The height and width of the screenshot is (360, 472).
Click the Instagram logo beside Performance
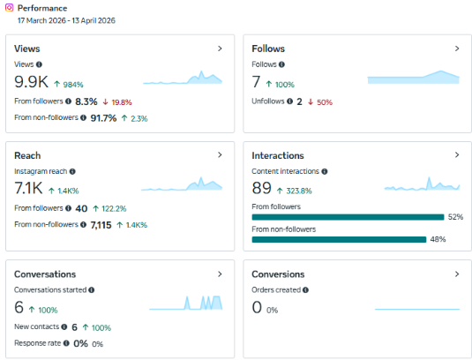coord(9,8)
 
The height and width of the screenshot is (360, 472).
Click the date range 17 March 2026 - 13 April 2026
coord(66,20)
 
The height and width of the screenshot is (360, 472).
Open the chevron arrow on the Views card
coord(220,49)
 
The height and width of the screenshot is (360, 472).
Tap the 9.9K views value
coord(31,81)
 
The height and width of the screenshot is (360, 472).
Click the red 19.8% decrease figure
coord(122,102)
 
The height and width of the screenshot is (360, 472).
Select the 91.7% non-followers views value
coord(103,118)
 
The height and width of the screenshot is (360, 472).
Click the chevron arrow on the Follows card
coord(457,49)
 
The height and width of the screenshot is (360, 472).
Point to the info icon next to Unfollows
coord(289,101)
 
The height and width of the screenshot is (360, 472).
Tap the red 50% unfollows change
coord(325,102)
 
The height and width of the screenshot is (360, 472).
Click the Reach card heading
coord(27,155)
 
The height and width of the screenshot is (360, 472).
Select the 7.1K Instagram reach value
coord(28,188)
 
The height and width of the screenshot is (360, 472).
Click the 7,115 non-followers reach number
coord(101,225)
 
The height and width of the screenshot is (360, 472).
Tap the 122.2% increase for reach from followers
coord(114,208)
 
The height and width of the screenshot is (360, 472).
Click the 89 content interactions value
coord(262,188)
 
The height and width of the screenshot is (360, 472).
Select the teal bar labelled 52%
coord(348,217)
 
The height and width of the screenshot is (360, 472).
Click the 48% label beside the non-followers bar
coord(438,239)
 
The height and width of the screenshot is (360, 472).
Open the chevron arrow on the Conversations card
coord(220,274)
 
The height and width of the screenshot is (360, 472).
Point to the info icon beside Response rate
coord(66,343)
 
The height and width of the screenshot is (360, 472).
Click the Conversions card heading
coord(278,274)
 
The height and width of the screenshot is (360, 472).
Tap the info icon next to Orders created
coord(305,290)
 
